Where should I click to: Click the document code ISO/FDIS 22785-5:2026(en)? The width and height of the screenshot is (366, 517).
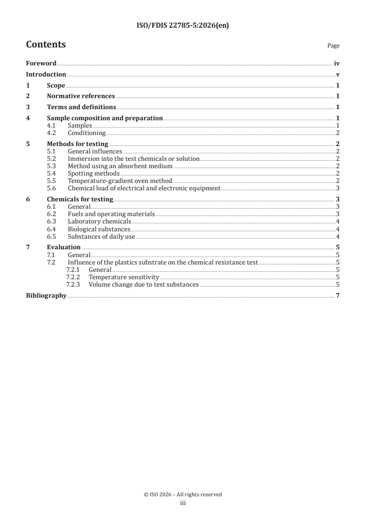183,26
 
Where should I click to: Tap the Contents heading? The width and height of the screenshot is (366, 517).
46,45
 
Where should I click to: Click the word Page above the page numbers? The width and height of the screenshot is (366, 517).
333,46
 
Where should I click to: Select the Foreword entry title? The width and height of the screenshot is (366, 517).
41,63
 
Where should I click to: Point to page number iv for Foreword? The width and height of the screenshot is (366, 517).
337,63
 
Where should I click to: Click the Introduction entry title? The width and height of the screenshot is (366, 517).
46,74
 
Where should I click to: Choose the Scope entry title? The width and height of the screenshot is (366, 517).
56,85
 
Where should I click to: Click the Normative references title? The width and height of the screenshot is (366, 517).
81,96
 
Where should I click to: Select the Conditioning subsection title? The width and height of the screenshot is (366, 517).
87,133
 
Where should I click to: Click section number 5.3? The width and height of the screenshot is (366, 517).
52,166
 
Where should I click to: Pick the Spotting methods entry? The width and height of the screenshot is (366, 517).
94,173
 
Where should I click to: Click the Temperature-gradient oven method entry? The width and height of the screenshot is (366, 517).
120,181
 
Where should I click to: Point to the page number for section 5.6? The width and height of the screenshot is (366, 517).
338,188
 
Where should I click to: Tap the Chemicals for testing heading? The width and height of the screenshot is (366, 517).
80,199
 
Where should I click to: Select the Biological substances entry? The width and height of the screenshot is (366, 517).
99,229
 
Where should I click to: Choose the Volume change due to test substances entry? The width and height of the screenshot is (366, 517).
144,285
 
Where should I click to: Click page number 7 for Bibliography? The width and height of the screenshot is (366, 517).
338,295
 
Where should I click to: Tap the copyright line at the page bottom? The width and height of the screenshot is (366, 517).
183,494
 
